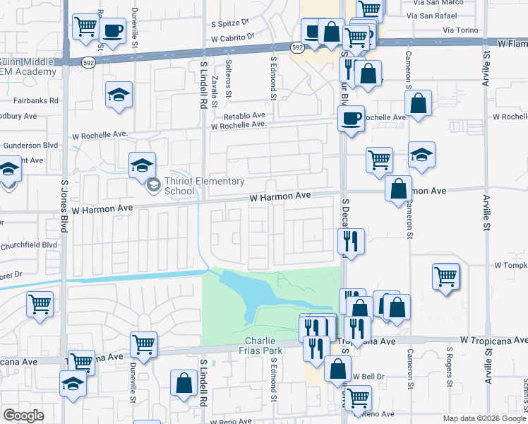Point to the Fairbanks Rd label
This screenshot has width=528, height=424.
point(35,101)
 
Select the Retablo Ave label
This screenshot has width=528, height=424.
point(245,115)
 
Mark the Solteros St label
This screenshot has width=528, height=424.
point(229,80)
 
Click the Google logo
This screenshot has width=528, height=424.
point(23,416)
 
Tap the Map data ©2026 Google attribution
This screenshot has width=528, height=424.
point(484,418)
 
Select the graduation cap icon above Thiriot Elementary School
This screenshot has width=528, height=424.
point(142,165)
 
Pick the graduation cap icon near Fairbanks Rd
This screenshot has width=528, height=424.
point(119,95)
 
